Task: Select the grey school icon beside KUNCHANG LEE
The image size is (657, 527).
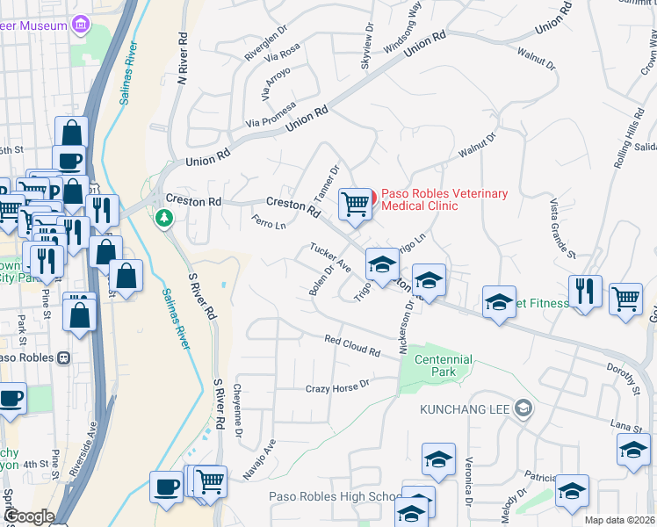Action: coord(523,408)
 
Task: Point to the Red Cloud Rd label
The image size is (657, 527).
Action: coord(351,345)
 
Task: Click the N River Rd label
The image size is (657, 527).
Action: coord(184,59)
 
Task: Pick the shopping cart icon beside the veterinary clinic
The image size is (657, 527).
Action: coord(355,203)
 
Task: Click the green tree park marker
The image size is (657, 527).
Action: coord(163,217)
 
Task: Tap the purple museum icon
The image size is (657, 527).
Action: coord(82,25)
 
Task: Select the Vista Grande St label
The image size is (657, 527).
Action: coord(562,229)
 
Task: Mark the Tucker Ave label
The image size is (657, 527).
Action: coord(329,256)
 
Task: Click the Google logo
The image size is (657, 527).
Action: coord(28,516)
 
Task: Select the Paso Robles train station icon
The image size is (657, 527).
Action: coord(63,358)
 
